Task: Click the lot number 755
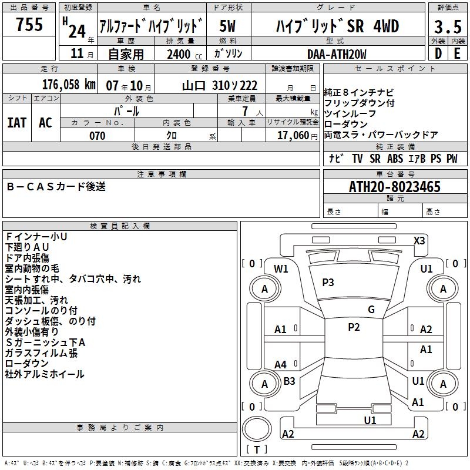29,25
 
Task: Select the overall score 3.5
448,28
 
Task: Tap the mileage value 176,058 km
69,85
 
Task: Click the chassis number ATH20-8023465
395,187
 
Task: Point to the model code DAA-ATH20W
337,54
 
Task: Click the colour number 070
97,136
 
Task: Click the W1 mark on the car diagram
281,269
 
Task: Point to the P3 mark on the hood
328,283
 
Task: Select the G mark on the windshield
371,310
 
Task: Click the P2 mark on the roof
353,328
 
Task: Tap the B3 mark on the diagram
289,381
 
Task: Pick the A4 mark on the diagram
281,365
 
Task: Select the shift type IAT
17,123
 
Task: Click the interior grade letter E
457,54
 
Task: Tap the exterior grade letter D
438,54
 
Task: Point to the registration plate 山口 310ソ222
220,85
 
